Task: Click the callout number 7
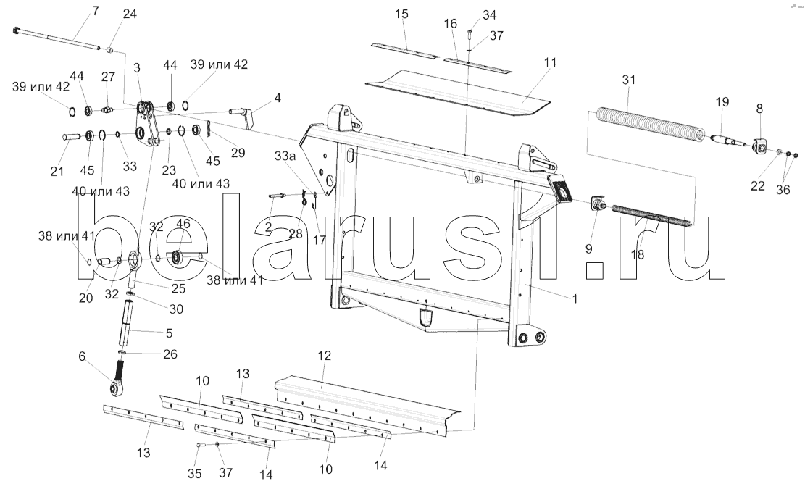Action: (96, 11)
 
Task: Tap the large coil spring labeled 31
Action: (647, 125)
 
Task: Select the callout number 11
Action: (550, 62)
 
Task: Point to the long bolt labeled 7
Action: (56, 39)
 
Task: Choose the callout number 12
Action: (325, 355)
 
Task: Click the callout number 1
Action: (575, 298)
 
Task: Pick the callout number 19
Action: (722, 101)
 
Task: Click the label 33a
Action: (285, 156)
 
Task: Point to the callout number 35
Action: (195, 474)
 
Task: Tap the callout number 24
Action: (130, 14)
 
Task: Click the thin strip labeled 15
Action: (406, 50)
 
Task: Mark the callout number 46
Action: (183, 224)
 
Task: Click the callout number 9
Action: (589, 249)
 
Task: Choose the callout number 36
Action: (783, 190)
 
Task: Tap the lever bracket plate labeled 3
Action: (146, 126)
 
